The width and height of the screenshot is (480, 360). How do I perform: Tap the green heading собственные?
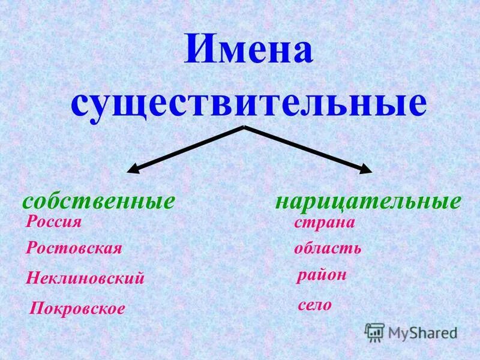[98, 201]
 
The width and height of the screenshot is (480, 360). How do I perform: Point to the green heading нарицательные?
[368, 201]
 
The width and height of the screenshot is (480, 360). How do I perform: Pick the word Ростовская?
[74, 249]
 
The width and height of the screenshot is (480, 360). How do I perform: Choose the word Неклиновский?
[86, 278]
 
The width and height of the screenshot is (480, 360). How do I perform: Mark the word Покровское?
[77, 309]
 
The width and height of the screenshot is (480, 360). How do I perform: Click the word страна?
[325, 223]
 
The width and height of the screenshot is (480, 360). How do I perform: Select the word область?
[328, 249]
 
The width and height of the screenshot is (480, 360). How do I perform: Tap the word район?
[322, 276]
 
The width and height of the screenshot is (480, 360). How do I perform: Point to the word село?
[314, 305]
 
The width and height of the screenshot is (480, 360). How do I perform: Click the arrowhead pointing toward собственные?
[133, 170]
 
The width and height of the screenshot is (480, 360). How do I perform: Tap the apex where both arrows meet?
[244, 127]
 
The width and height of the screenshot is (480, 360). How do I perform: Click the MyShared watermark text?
[422, 332]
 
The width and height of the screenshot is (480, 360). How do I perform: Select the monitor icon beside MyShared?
[374, 332]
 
